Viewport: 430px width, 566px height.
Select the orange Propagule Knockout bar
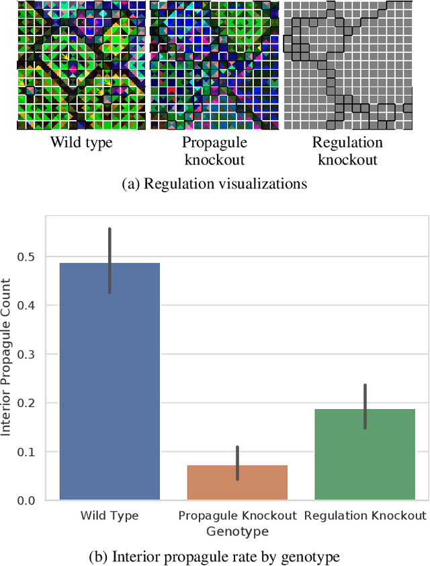[x=237, y=482]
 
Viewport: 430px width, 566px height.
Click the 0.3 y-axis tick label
[x=29, y=354]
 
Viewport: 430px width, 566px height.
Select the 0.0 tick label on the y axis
[x=29, y=500]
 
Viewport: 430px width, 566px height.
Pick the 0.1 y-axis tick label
[x=29, y=451]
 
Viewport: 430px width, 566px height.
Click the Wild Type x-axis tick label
[x=110, y=516]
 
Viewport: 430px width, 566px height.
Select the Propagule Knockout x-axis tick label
[x=237, y=516]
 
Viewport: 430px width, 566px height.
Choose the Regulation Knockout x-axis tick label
[x=365, y=516]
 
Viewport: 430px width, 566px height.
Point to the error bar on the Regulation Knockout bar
[x=365, y=406]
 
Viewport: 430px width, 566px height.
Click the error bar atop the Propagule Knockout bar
[x=237, y=463]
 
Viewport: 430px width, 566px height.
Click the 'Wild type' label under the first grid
[x=81, y=143]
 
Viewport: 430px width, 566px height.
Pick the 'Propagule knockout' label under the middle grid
[x=214, y=151]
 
